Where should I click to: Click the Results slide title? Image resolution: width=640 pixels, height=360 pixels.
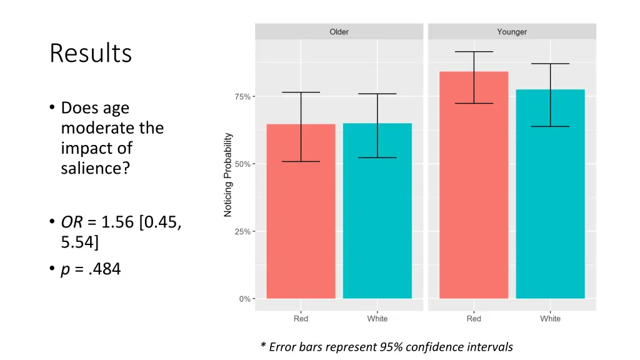(91, 54)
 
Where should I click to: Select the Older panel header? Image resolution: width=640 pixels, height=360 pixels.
(339, 32)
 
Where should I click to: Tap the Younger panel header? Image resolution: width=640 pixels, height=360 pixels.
(512, 32)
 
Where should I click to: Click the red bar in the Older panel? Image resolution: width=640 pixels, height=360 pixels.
(301, 212)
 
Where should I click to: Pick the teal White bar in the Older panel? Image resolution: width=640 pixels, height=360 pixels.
(377, 212)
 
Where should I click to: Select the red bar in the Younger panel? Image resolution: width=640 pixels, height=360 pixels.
(474, 187)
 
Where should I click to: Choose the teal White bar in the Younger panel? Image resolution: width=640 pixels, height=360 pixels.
(551, 194)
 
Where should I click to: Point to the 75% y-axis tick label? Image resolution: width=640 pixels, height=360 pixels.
(243, 97)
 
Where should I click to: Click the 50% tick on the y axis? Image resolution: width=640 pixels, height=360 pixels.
(243, 164)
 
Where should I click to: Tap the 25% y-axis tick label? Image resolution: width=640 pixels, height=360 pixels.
(243, 232)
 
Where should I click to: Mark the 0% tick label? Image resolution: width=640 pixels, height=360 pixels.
(245, 299)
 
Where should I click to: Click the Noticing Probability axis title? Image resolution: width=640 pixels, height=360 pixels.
(228, 175)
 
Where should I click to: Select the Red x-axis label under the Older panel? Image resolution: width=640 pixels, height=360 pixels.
(301, 319)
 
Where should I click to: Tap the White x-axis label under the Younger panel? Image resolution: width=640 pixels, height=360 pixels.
(551, 319)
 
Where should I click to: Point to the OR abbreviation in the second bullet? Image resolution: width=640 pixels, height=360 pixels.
(69, 222)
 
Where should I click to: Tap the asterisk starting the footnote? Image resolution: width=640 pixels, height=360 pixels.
(264, 346)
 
